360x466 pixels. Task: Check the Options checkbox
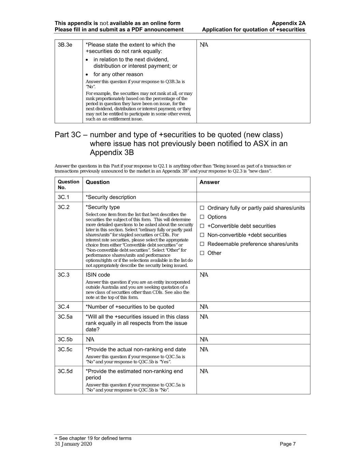202,217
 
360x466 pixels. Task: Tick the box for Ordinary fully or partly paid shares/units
202,208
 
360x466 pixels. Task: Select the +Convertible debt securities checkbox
202,226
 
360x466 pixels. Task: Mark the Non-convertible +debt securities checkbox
202,235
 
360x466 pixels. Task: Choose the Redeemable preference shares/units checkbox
202,244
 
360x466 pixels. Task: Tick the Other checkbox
202,253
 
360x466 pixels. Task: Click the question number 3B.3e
65,45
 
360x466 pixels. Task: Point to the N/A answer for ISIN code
204,275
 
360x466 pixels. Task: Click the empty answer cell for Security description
253,197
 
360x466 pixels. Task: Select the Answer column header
210,182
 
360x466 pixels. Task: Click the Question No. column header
68,185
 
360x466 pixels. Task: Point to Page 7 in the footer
288,444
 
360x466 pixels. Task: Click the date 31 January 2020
73,444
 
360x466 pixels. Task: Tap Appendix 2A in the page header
289,23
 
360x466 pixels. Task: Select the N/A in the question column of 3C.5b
90,339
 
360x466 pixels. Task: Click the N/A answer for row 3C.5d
204,371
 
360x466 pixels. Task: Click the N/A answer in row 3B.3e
204,45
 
